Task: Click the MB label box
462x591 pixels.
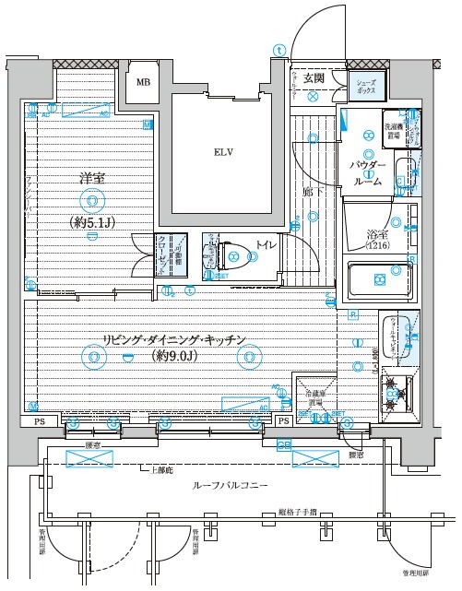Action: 143,82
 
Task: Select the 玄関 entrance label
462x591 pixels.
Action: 314,79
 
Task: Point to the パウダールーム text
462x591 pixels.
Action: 366,172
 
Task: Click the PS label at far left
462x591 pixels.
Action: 38,421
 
